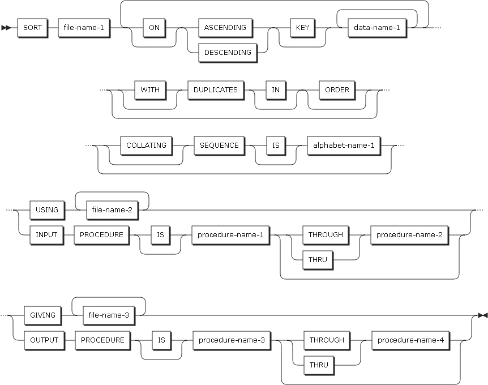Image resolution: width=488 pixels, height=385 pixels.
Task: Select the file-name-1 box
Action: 83,27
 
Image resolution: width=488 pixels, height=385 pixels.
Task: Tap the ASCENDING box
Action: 225,27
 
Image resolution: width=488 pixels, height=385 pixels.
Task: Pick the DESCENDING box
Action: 228,52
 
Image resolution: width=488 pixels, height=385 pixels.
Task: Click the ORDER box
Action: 337,89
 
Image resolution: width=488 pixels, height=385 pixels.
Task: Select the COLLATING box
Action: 146,145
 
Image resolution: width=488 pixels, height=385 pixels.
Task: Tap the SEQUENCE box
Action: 219,145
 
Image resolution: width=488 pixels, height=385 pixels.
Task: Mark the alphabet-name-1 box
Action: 344,145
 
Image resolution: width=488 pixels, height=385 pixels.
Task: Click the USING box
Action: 47,209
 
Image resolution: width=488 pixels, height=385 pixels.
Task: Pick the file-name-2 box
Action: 111,209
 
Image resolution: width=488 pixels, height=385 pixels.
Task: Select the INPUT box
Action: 46,234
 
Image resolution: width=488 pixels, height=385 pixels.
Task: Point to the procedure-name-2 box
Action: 410,234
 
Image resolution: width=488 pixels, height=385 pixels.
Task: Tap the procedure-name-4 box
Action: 411,340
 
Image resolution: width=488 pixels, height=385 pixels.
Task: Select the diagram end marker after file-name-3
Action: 482,315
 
